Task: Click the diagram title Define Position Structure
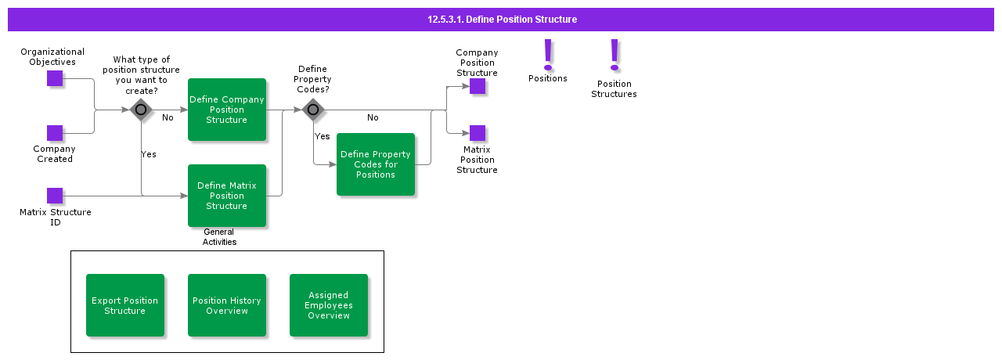(x=502, y=20)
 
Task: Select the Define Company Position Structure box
(x=227, y=110)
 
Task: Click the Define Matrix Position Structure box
(x=227, y=196)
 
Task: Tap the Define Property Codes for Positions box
(x=376, y=164)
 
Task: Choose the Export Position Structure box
(x=125, y=305)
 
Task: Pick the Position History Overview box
(x=227, y=305)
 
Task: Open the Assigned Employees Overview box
(x=329, y=305)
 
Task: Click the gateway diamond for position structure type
(x=141, y=110)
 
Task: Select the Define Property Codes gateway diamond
(x=313, y=110)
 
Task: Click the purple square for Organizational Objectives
(x=55, y=78)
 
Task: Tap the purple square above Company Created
(x=55, y=133)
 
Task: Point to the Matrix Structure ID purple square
(x=55, y=196)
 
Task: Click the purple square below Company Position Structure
(x=478, y=86)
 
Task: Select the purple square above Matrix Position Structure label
(x=478, y=133)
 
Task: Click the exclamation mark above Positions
(x=548, y=55)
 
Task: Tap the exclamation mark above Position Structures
(x=615, y=55)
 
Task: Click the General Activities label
(x=219, y=237)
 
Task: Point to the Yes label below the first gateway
(x=149, y=154)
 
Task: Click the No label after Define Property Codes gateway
(x=373, y=118)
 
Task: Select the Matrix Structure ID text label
(x=56, y=218)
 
